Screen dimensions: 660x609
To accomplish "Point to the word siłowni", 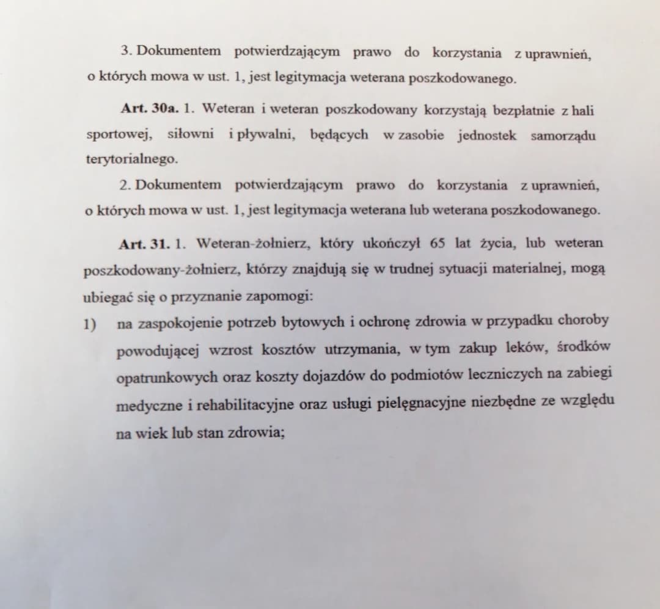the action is [x=191, y=134].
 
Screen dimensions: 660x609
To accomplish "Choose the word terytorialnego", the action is [x=131, y=159].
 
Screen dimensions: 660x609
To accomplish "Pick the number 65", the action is [x=437, y=243].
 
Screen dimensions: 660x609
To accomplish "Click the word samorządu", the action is [x=563, y=135].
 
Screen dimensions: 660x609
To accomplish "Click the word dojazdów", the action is [x=337, y=376].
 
